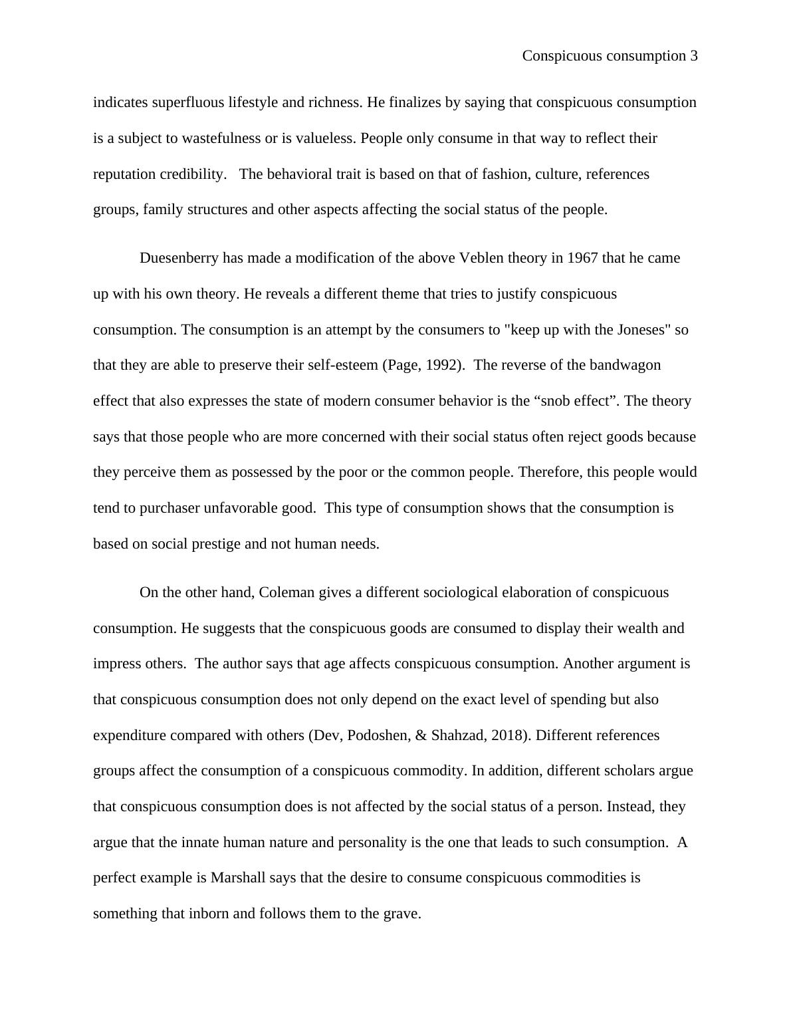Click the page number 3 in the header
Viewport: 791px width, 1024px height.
pos(693,56)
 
